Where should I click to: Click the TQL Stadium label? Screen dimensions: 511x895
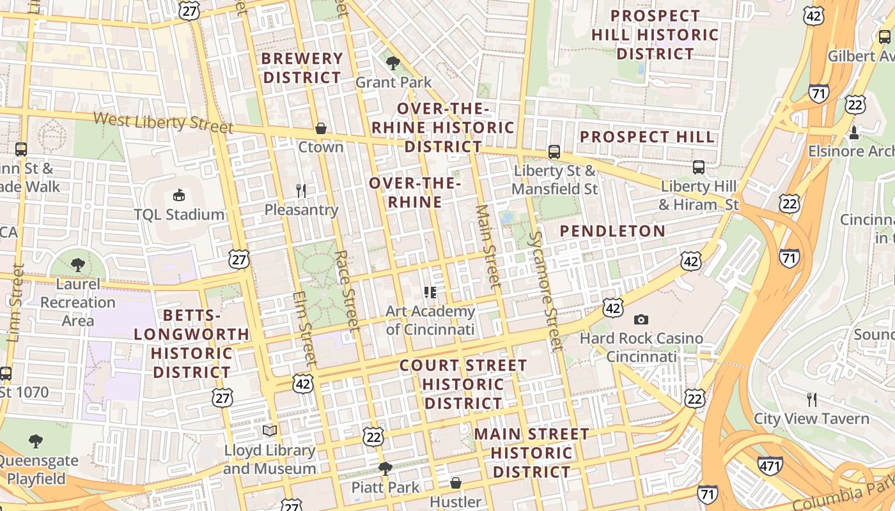[179, 215]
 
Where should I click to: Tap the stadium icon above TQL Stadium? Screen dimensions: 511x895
[179, 195]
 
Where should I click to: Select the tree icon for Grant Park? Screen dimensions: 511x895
[393, 63]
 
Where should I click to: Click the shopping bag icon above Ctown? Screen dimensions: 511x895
[321, 128]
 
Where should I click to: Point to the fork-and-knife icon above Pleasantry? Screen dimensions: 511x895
[301, 190]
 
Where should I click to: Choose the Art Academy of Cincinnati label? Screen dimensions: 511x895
[430, 320]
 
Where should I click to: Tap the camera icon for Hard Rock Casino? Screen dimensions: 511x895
[641, 319]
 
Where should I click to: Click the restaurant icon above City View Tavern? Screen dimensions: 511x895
[811, 400]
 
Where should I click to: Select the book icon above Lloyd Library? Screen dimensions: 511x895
[270, 431]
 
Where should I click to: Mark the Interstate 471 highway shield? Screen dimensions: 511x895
[770, 466]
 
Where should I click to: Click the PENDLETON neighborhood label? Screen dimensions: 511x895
[612, 231]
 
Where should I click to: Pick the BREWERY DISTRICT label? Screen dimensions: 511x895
[302, 68]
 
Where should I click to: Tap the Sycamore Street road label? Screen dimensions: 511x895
[545, 281]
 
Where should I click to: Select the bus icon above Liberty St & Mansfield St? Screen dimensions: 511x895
[554, 152]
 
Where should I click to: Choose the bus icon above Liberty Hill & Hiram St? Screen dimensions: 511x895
[699, 167]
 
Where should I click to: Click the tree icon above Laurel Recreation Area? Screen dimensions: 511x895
[78, 264]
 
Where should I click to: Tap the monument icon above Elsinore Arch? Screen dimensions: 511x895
[853, 132]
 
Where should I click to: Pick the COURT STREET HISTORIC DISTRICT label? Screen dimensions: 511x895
[463, 384]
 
